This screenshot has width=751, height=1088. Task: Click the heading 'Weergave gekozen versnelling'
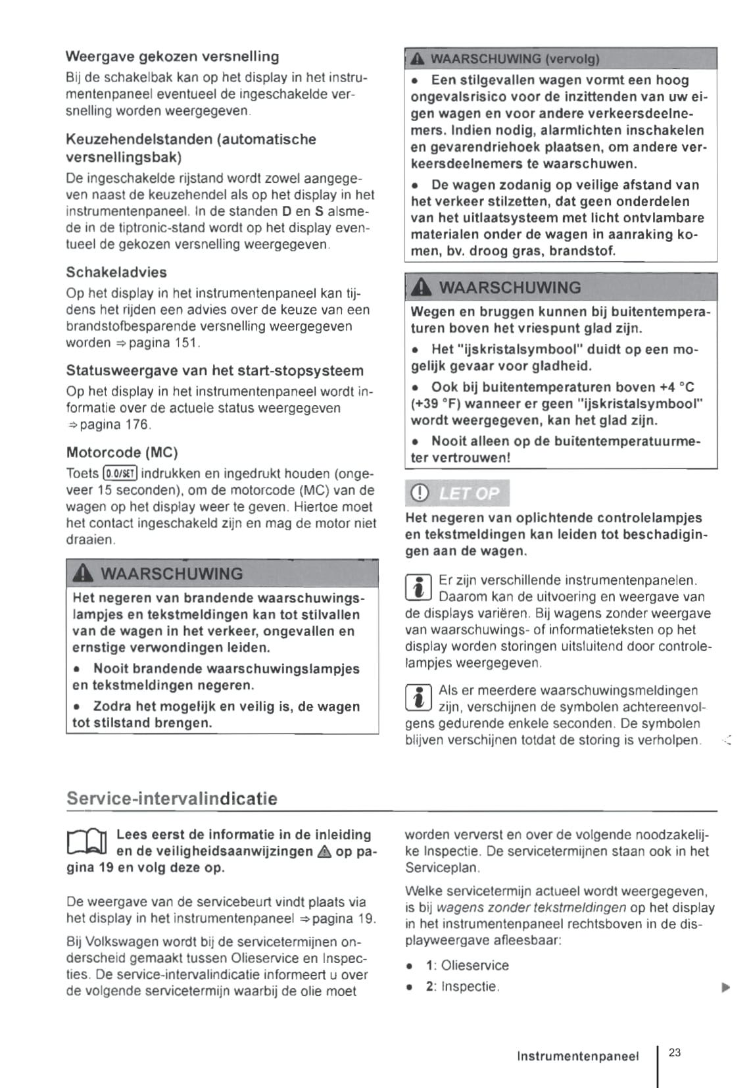coord(172,57)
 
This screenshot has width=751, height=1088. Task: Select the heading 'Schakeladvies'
coord(116,272)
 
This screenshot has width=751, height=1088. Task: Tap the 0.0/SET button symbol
coord(120,474)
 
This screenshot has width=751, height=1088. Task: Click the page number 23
coord(675,1052)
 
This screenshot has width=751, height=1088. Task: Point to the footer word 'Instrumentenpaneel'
coord(577,1056)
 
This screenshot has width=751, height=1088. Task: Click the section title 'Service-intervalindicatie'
coord(172,799)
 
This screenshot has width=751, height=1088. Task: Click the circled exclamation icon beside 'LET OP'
coord(419,493)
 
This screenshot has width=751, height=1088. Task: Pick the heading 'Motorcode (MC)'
coord(122,453)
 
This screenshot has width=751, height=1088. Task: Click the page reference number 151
coord(186,343)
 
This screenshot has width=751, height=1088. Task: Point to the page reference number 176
coord(137,424)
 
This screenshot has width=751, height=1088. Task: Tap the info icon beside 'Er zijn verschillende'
coord(418,587)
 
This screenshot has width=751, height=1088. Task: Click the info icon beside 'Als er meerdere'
coord(418,698)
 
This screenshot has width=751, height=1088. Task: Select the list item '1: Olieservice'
coord(467,966)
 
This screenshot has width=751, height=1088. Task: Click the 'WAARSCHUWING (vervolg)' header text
coord(514,59)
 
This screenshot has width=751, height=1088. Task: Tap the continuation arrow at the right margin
coord(725,987)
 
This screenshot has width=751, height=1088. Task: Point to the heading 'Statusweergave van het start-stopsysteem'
coord(214,371)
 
